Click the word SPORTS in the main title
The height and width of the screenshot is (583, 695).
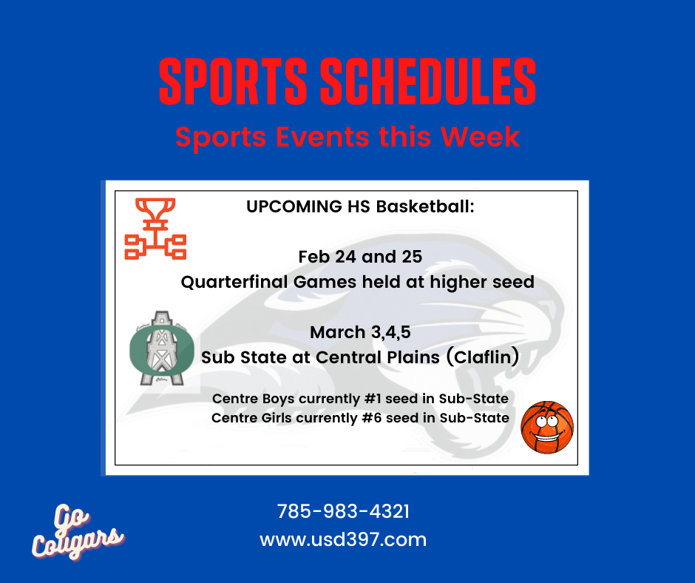pyautogui.click(x=234, y=81)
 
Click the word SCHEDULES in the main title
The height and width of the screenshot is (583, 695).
pyautogui.click(x=428, y=81)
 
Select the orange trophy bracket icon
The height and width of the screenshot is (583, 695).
pyautogui.click(x=155, y=229)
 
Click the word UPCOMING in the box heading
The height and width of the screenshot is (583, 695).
pyautogui.click(x=294, y=206)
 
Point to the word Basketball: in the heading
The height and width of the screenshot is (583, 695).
pyautogui.click(x=426, y=206)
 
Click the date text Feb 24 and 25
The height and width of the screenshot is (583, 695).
pyautogui.click(x=360, y=257)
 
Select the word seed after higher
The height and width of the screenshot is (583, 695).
pyautogui.click(x=513, y=282)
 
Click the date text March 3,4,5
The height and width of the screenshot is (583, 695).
pyautogui.click(x=360, y=332)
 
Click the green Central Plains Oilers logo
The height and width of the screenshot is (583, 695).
pyautogui.click(x=162, y=348)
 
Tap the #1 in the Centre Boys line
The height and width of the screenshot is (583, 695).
pyautogui.click(x=373, y=399)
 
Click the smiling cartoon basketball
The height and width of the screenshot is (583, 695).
pyautogui.click(x=547, y=428)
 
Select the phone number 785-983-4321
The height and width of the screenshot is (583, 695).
pyautogui.click(x=344, y=511)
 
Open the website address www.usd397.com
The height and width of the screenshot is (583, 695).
pyautogui.click(x=343, y=540)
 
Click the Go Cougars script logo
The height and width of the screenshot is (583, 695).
pyautogui.click(x=78, y=531)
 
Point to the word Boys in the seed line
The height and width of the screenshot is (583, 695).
pyautogui.click(x=278, y=399)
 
